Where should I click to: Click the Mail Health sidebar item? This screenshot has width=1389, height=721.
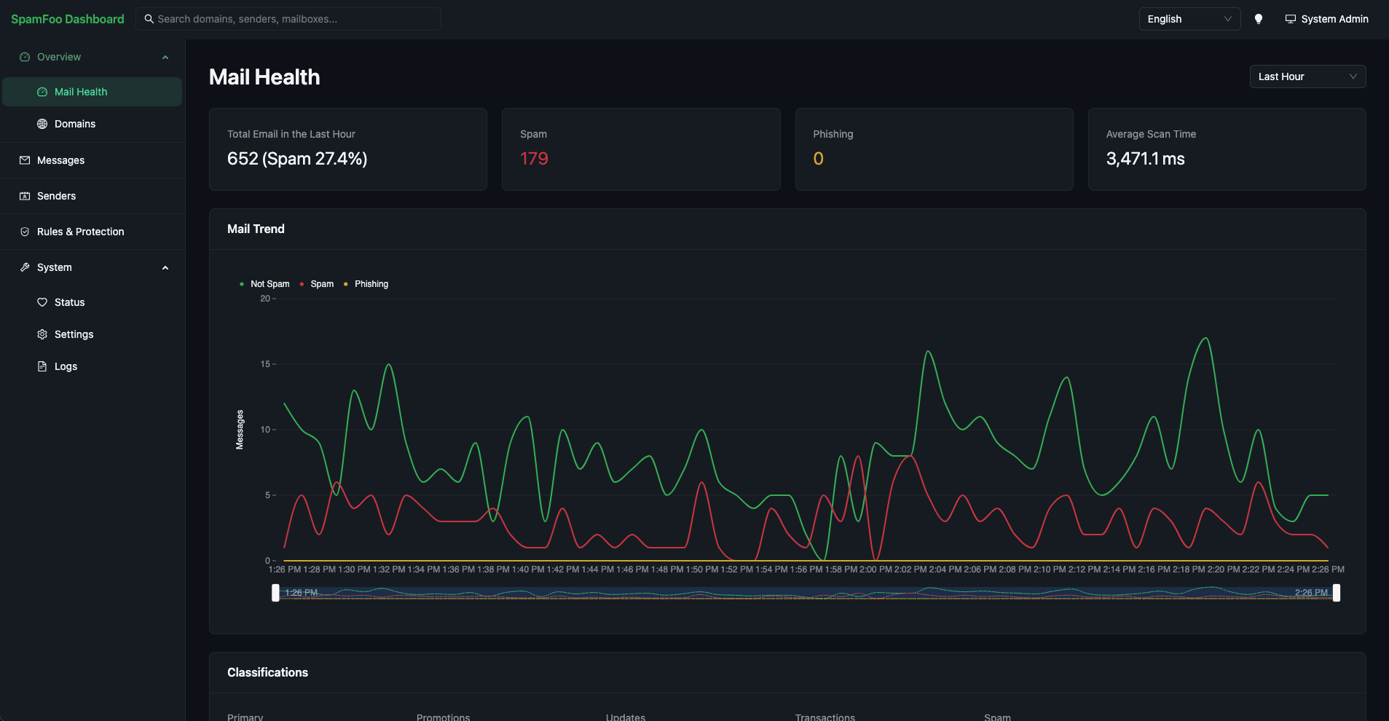[92, 92]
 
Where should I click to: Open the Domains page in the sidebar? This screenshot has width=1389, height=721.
[75, 124]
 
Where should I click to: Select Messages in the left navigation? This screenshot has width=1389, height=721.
[60, 160]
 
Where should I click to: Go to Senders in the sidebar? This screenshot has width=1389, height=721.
[56, 196]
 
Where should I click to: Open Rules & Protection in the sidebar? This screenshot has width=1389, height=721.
[80, 232]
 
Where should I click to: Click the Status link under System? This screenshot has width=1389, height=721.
[69, 302]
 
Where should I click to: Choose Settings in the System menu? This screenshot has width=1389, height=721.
[74, 334]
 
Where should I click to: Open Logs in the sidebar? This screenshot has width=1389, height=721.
[66, 366]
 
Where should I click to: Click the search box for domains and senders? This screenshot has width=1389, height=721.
[288, 19]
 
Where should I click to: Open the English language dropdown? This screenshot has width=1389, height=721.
[1189, 19]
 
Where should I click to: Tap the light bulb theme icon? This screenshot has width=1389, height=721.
[1258, 19]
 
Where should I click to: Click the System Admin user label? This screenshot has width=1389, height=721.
[1326, 19]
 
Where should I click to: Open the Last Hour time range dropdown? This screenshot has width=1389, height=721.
[1307, 76]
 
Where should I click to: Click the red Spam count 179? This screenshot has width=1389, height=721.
[534, 159]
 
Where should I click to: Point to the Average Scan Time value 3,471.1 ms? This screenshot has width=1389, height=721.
[1145, 159]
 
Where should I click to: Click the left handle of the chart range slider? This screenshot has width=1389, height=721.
[275, 593]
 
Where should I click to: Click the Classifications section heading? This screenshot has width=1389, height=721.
[267, 672]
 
